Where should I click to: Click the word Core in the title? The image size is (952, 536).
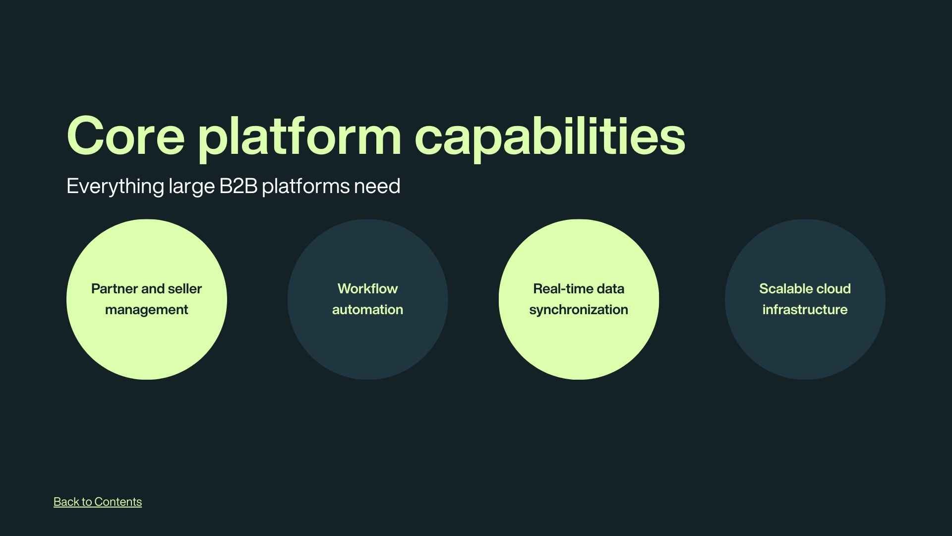tap(125, 136)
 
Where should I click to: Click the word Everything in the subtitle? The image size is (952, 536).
tap(115, 187)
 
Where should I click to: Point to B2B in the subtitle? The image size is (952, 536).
tap(238, 186)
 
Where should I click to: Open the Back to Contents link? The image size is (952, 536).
tap(98, 502)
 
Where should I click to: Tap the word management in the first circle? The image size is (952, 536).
tap(146, 310)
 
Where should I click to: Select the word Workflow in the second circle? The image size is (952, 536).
tap(367, 289)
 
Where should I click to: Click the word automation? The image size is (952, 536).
tap(367, 310)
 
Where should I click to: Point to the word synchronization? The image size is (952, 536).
tap(579, 310)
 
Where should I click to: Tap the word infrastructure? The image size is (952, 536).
tap(805, 310)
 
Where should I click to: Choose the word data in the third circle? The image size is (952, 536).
tap(610, 289)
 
